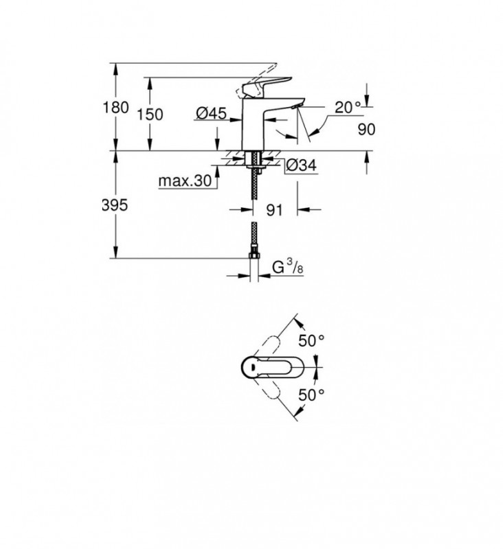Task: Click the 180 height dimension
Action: pyautogui.click(x=115, y=107)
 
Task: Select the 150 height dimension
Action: pyautogui.click(x=150, y=115)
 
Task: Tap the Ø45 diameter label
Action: pyautogui.click(x=212, y=113)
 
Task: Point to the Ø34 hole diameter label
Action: pyautogui.click(x=301, y=165)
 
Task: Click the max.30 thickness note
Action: pyautogui.click(x=185, y=180)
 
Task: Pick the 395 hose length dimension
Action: pyautogui.click(x=115, y=205)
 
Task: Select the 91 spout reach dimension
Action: pyautogui.click(x=274, y=210)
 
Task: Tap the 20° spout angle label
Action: pyautogui.click(x=348, y=107)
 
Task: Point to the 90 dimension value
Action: pyautogui.click(x=366, y=129)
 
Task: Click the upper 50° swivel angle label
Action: pyautogui.click(x=311, y=340)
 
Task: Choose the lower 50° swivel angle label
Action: pyautogui.click(x=311, y=395)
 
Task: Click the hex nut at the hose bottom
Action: pyautogui.click(x=254, y=255)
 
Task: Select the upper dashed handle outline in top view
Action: pyautogui.click(x=268, y=347)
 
